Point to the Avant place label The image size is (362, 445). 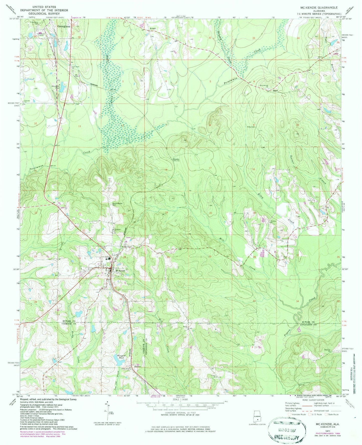pos(153,28)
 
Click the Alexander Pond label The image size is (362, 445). pos(56,87)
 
